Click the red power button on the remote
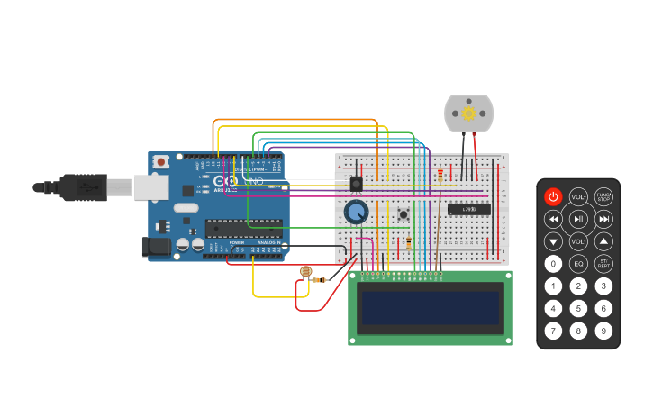[x=553, y=196]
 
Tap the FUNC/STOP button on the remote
[x=603, y=196]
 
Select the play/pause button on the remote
[x=578, y=219]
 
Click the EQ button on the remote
[x=578, y=264]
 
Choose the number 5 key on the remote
[x=578, y=309]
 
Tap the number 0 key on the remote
[x=553, y=264]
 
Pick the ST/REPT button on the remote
[x=603, y=264]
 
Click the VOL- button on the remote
[x=578, y=241]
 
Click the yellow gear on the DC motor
[x=468, y=113]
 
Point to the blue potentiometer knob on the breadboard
[x=356, y=213]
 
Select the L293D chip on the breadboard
[x=468, y=209]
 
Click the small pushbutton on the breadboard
[x=404, y=213]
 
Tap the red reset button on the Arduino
[x=161, y=162]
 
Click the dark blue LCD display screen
[x=431, y=308]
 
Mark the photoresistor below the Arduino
[x=305, y=270]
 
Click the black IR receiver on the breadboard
[x=356, y=183]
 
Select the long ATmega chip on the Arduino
[x=242, y=228]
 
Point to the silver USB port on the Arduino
[x=150, y=186]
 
